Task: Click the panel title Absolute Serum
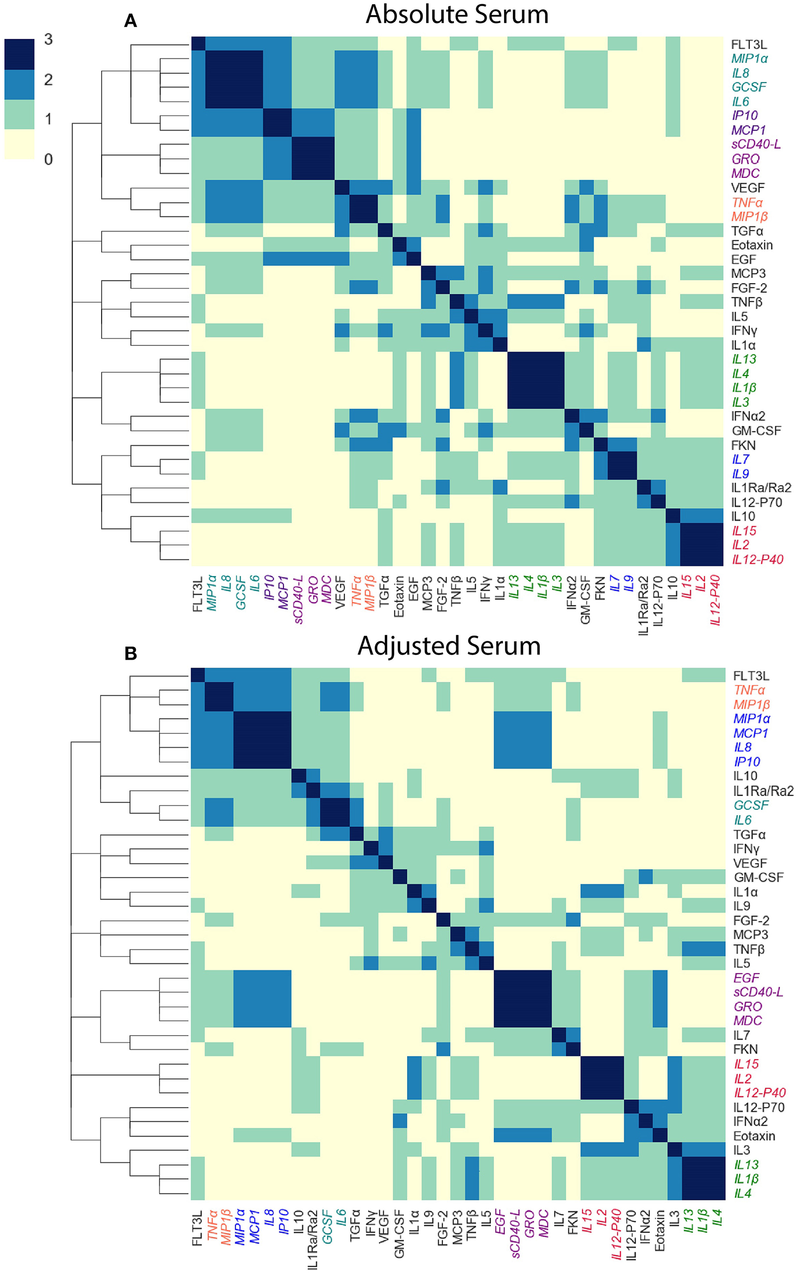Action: [457, 14]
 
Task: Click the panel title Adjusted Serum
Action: [449, 645]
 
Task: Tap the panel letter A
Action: [130, 21]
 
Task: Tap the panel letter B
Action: [131, 653]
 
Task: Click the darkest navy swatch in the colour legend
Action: [19, 54]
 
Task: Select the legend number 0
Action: [48, 159]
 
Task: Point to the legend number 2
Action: [48, 80]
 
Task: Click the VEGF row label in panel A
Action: [748, 187]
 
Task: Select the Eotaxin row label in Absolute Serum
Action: [752, 245]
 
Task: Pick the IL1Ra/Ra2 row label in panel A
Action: [761, 488]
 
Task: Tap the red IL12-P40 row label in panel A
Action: [757, 560]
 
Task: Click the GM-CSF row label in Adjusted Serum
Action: [758, 878]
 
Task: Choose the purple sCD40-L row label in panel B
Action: [758, 992]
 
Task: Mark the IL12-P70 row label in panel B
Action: [759, 1107]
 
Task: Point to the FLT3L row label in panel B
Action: [751, 675]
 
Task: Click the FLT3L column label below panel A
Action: [198, 595]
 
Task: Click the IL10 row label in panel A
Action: [743, 516]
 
